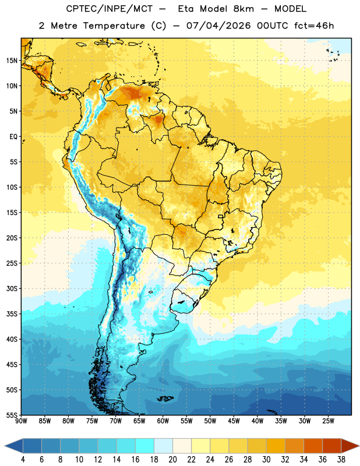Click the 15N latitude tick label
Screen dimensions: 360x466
(x=12, y=61)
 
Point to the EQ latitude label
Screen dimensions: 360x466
(x=13, y=137)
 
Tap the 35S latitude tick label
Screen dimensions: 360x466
(x=12, y=314)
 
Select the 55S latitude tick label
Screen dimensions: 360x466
(x=12, y=415)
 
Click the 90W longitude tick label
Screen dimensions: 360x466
(x=21, y=421)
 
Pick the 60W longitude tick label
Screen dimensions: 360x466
(x=163, y=421)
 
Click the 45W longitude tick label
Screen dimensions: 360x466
(x=234, y=421)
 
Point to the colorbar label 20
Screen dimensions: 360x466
(x=172, y=460)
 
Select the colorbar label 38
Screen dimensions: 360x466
(x=341, y=460)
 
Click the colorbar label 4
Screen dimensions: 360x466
(x=23, y=460)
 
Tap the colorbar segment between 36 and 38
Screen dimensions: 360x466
(x=332, y=446)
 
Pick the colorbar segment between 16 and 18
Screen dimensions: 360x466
(x=145, y=446)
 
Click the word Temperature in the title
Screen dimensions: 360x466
(x=114, y=26)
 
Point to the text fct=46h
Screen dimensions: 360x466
(x=314, y=26)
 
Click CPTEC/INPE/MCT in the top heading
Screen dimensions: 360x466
(x=110, y=9)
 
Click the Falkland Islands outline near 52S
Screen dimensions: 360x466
(x=165, y=398)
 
